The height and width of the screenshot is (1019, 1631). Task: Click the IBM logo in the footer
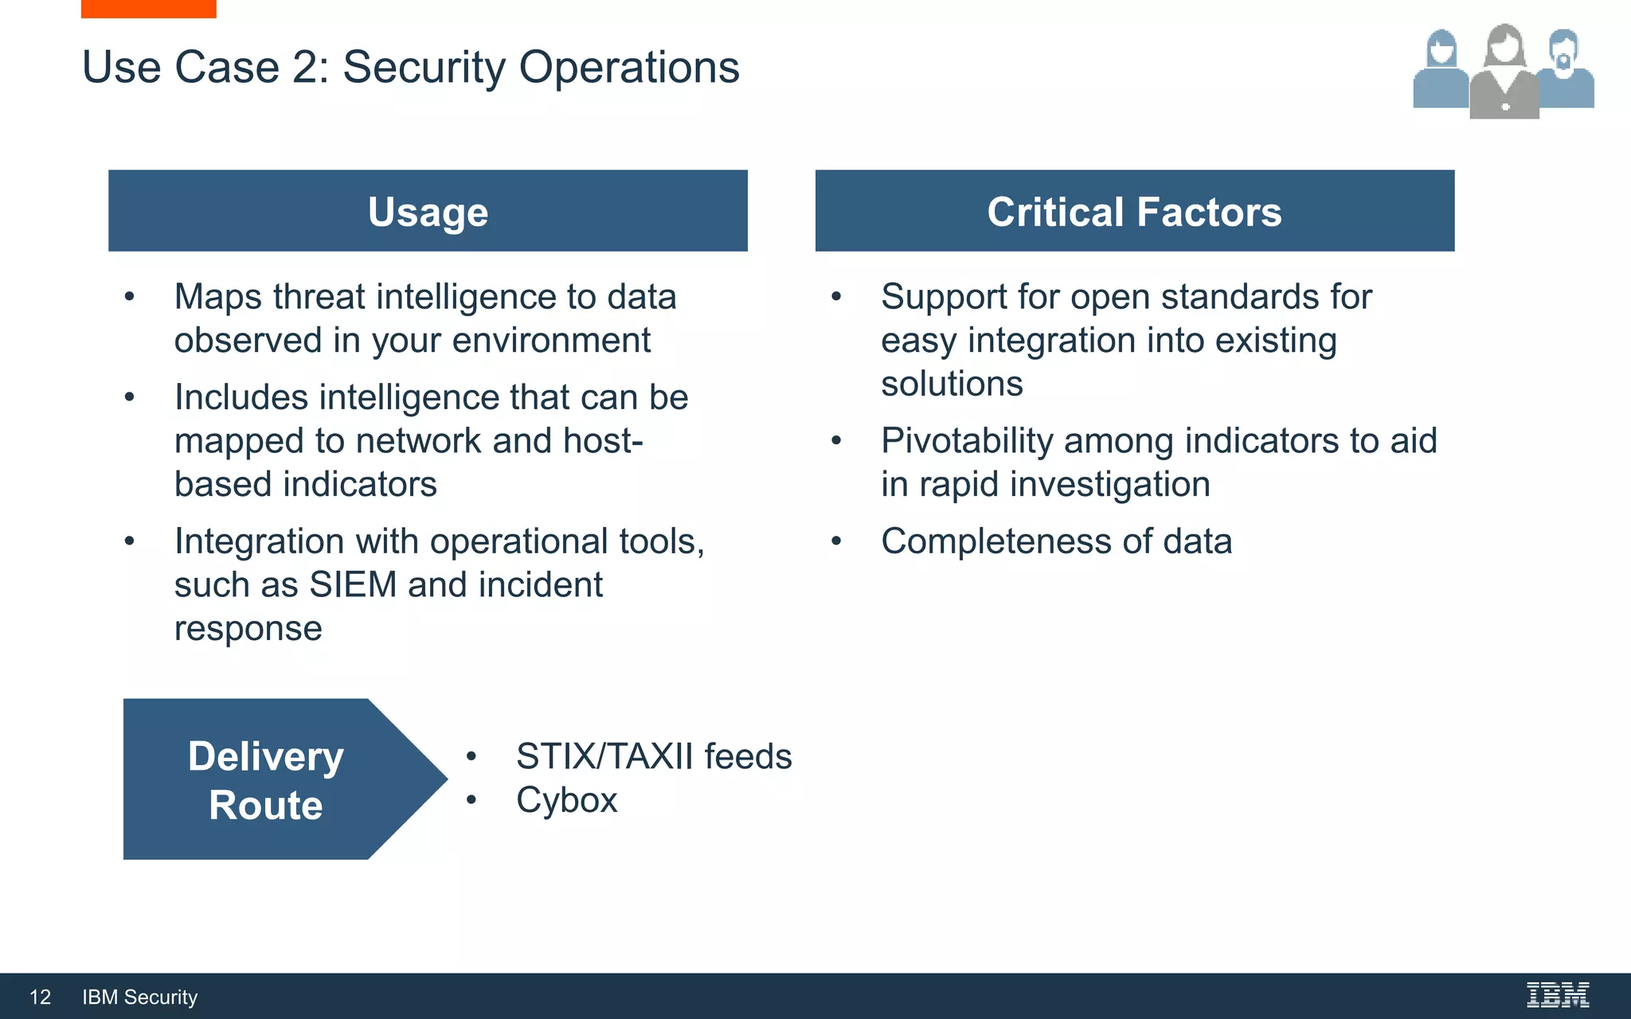pyautogui.click(x=1557, y=995)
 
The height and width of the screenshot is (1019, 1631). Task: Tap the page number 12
pyautogui.click(x=40, y=997)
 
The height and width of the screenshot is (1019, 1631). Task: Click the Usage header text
pyautogui.click(x=428, y=212)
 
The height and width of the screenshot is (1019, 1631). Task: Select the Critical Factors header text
pyautogui.click(x=1134, y=212)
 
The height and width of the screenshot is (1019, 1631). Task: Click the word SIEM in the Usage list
pyautogui.click(x=353, y=585)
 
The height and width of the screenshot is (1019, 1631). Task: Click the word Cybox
pyautogui.click(x=566, y=800)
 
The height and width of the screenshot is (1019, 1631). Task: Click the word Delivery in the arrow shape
pyautogui.click(x=265, y=756)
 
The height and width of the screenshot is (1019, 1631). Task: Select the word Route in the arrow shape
pyautogui.click(x=265, y=805)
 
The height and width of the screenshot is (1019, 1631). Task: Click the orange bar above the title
pyautogui.click(x=148, y=8)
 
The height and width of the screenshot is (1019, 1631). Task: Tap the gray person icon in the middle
pyautogui.click(x=1504, y=76)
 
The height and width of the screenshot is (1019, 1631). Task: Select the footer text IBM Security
pyautogui.click(x=139, y=997)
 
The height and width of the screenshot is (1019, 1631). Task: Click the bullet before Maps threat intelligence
pyautogui.click(x=130, y=297)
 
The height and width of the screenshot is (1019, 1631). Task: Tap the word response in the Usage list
pyautogui.click(x=248, y=628)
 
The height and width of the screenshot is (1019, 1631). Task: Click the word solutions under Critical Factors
pyautogui.click(x=952, y=384)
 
